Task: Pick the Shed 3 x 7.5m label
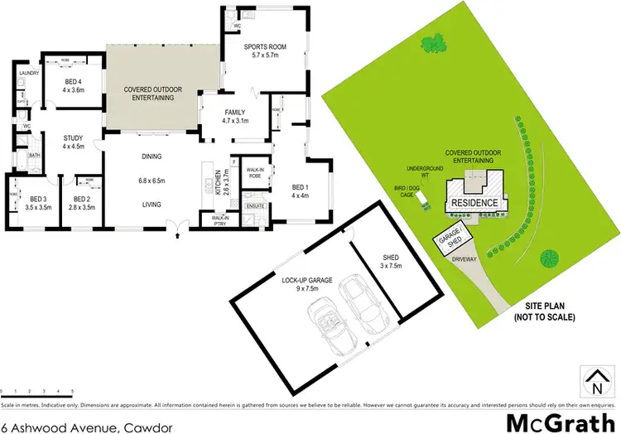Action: point(390,262)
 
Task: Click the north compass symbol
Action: point(595,383)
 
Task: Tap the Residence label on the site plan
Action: point(474,203)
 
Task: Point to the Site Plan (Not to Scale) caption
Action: point(543,311)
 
